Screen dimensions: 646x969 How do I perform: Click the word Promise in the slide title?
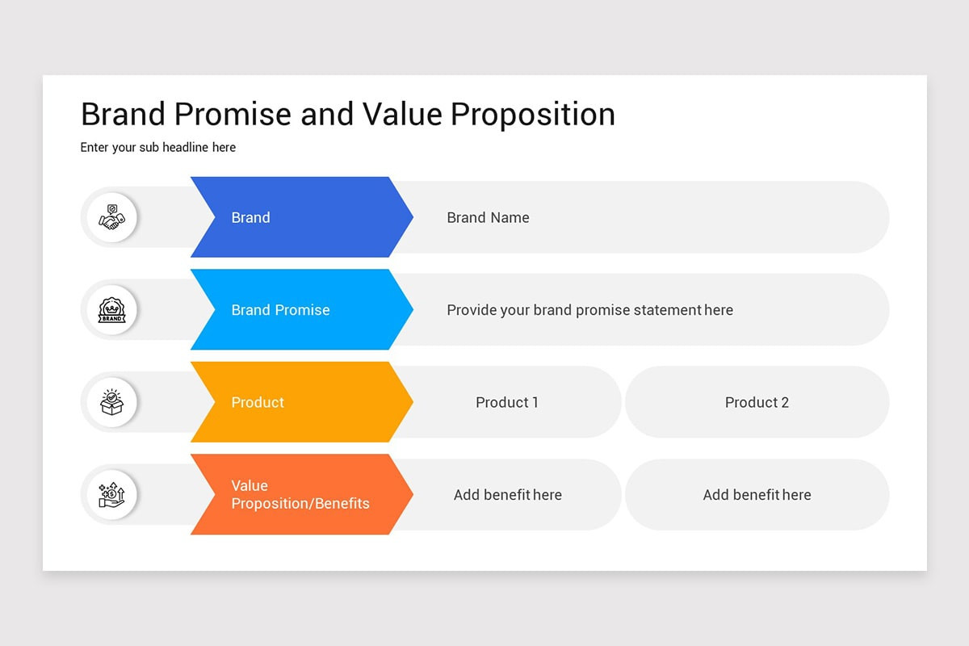click(232, 115)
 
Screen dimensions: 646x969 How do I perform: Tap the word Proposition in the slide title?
click(532, 115)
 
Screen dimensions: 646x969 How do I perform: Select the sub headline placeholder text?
click(158, 148)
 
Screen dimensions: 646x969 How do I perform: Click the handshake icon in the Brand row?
click(112, 217)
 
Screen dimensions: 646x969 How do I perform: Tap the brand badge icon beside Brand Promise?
click(112, 310)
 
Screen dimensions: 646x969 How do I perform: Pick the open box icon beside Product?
click(112, 402)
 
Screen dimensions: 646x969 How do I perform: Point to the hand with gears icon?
click(112, 495)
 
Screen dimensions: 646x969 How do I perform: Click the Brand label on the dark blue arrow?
click(250, 218)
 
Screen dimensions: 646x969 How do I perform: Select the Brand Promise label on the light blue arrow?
click(280, 310)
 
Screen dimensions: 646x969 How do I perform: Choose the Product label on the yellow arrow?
click(258, 402)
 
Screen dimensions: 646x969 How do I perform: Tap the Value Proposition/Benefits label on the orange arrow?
click(300, 494)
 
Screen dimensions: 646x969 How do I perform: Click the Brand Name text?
click(488, 218)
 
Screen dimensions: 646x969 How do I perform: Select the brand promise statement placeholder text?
click(589, 310)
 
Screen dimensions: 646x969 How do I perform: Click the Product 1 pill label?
click(506, 402)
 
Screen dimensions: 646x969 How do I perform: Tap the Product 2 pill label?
click(757, 402)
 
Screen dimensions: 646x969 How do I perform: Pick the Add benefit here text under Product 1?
click(507, 495)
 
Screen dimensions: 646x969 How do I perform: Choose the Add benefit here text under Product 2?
click(757, 495)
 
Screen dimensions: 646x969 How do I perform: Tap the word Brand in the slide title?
click(124, 115)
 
